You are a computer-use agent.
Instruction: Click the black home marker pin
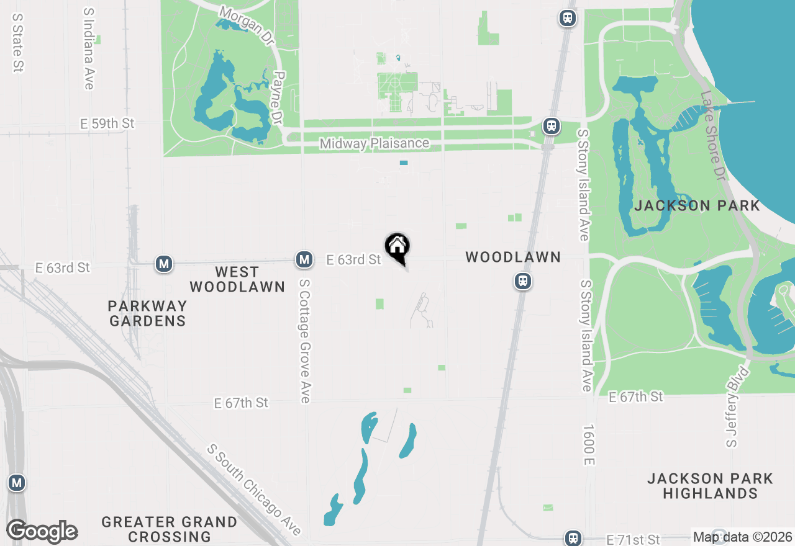(x=397, y=248)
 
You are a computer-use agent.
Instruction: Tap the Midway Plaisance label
(x=374, y=143)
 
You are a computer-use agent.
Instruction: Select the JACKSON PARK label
(x=697, y=206)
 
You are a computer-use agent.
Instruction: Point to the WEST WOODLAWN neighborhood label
(x=237, y=279)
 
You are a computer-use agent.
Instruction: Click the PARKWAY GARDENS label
(x=147, y=313)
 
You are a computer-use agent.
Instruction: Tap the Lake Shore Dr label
(x=712, y=136)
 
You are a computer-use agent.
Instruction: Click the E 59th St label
(x=107, y=123)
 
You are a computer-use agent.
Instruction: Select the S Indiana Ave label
(x=88, y=48)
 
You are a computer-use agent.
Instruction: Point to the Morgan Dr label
(x=247, y=26)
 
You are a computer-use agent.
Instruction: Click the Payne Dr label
(x=278, y=98)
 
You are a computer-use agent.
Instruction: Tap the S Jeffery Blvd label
(x=737, y=406)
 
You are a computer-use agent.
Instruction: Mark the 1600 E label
(x=589, y=445)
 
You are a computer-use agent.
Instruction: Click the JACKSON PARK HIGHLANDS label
(x=710, y=486)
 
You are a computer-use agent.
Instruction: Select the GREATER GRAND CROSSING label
(x=169, y=529)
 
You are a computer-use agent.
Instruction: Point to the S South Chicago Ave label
(x=255, y=489)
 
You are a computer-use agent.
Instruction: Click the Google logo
(x=42, y=531)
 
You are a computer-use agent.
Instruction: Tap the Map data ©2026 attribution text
(x=742, y=537)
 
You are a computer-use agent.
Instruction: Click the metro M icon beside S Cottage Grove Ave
(x=304, y=259)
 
